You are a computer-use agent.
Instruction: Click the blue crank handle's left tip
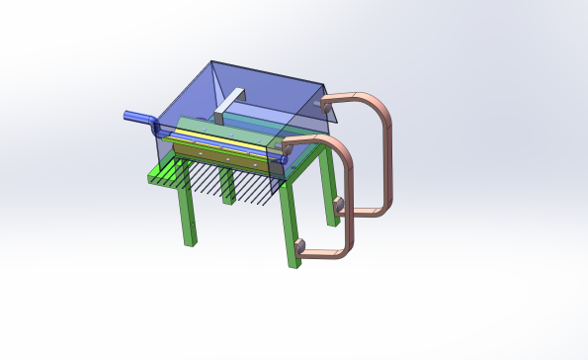126,116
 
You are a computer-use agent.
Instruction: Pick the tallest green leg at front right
290,223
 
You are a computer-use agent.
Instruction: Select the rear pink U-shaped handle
380,148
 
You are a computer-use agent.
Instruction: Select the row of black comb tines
232,184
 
